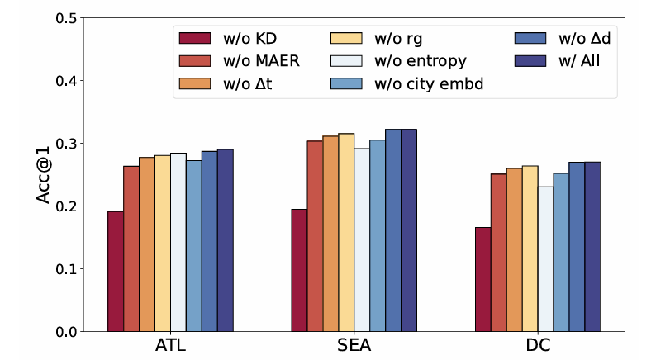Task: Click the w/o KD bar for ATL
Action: coord(115,272)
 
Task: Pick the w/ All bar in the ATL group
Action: coord(225,240)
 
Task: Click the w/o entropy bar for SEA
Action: coord(362,239)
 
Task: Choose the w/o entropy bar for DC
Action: coord(546,259)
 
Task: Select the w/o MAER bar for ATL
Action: coord(131,249)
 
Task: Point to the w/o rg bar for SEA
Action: coord(346,232)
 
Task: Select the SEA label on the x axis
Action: coord(354,346)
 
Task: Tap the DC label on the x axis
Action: coord(539,346)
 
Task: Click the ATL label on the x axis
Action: coord(170,346)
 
